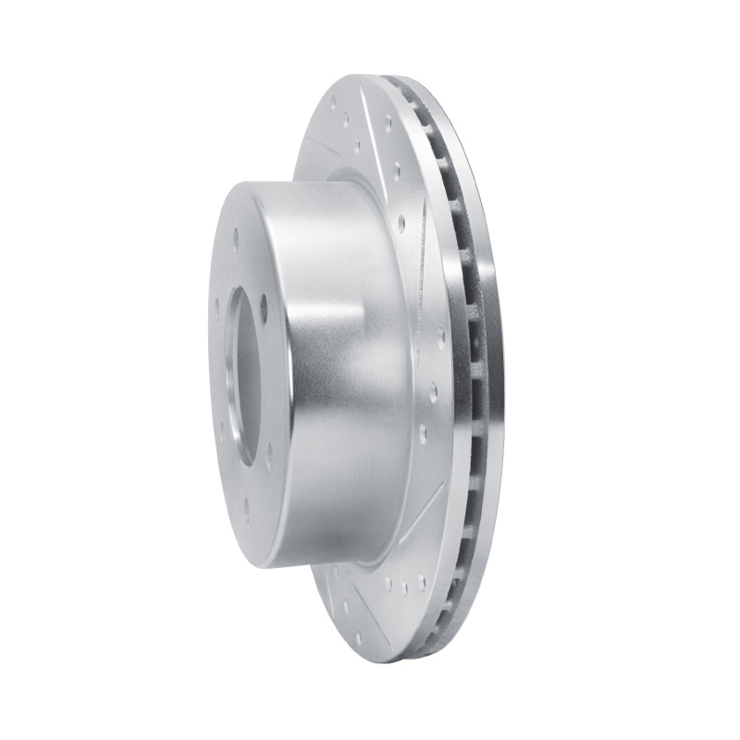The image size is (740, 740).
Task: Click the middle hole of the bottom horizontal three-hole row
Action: [404, 586]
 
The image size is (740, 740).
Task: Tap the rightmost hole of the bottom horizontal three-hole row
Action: [421, 581]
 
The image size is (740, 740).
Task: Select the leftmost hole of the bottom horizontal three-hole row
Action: [388, 586]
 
